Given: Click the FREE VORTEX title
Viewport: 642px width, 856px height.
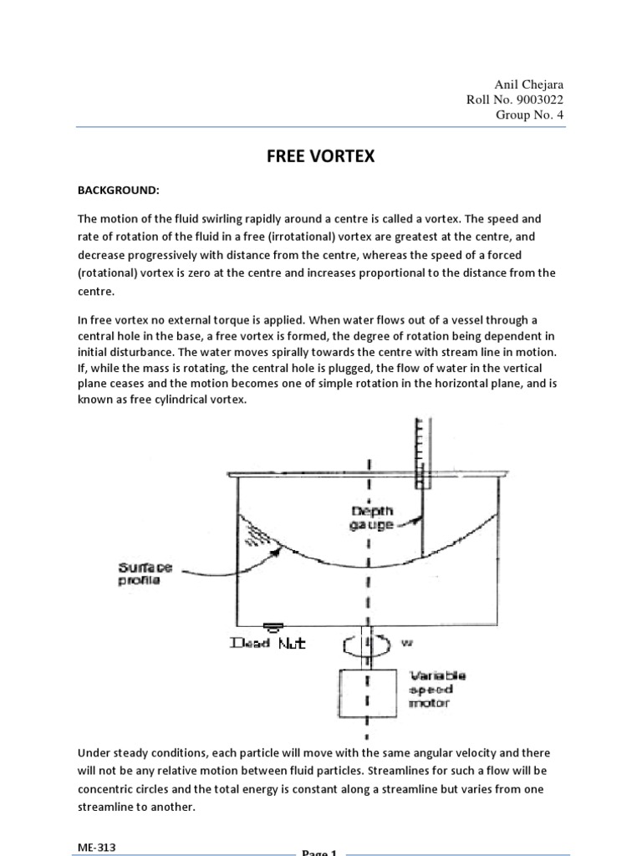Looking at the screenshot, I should point(321,157).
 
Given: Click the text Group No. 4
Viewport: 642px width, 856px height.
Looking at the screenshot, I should point(531,115).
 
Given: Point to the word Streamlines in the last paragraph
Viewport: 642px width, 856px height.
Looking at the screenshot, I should point(330,770).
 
